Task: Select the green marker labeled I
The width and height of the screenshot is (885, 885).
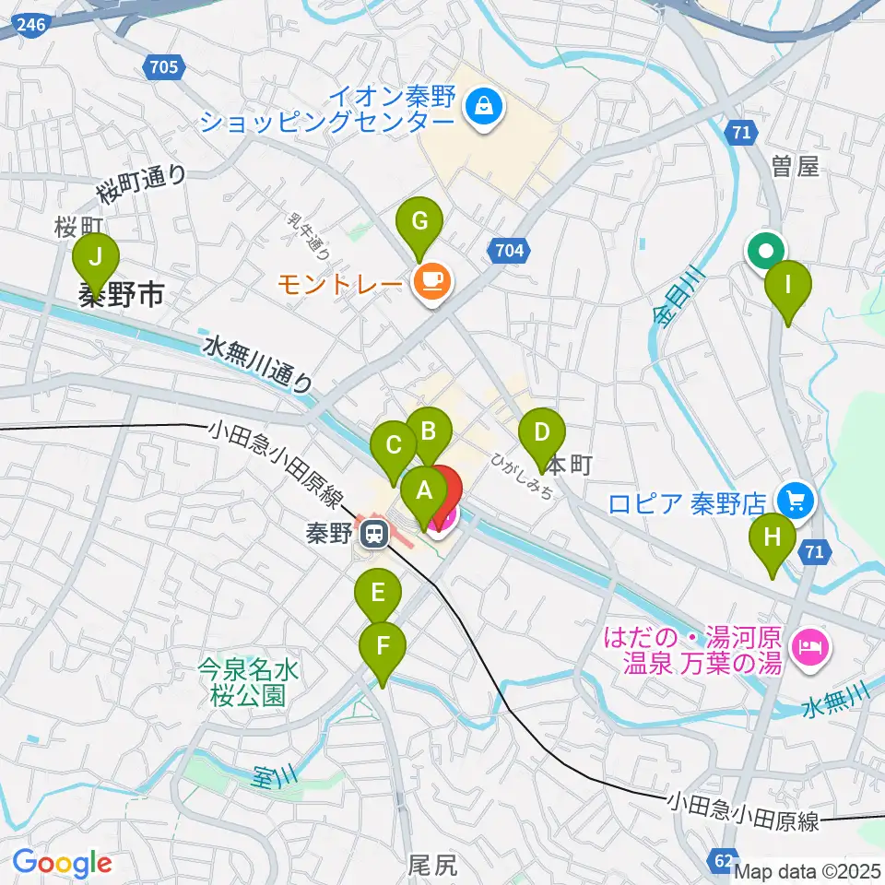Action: tap(788, 287)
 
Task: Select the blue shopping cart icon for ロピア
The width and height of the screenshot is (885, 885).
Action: tap(796, 501)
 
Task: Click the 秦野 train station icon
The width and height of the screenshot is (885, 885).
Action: tap(373, 534)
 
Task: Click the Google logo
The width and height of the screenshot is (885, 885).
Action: tap(61, 863)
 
